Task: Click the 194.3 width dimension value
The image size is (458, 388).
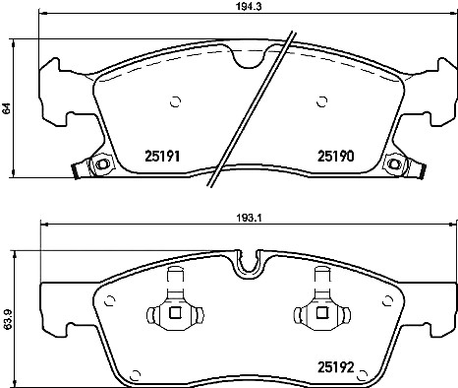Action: [248, 6]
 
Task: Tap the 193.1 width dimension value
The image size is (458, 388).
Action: [249, 218]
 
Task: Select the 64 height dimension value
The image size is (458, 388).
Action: [6, 108]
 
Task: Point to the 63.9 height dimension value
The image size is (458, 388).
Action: [7, 319]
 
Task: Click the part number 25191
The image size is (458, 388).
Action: [162, 156]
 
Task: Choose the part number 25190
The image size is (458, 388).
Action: [336, 156]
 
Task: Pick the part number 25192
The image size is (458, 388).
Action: [336, 367]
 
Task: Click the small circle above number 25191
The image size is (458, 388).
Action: [176, 101]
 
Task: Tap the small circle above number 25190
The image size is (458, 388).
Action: [322, 101]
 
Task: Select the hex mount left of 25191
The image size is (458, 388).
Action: [101, 163]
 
